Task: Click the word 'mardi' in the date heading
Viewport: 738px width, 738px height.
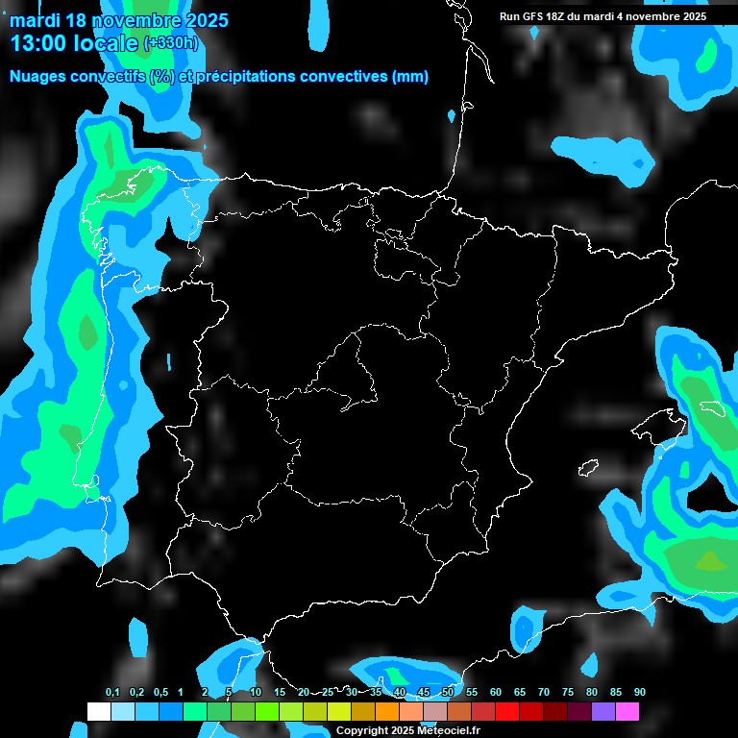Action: (35, 20)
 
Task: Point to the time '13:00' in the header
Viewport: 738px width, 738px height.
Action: (40, 43)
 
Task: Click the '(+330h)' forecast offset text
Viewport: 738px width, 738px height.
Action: (170, 43)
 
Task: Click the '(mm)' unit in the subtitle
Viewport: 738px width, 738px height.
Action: (410, 77)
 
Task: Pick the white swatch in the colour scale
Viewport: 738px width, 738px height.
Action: (98, 712)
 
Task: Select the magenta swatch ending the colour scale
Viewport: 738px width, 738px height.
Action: (627, 712)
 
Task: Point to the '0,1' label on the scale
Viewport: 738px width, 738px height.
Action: (112, 693)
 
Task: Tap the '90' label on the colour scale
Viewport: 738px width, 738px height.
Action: (640, 693)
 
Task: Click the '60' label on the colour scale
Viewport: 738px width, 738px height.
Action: (496, 693)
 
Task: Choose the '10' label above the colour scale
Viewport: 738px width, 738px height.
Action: (256, 693)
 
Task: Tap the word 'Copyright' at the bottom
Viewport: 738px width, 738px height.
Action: (361, 730)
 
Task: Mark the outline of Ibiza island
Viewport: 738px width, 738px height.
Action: (588, 468)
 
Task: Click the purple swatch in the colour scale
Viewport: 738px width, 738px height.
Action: (603, 712)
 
